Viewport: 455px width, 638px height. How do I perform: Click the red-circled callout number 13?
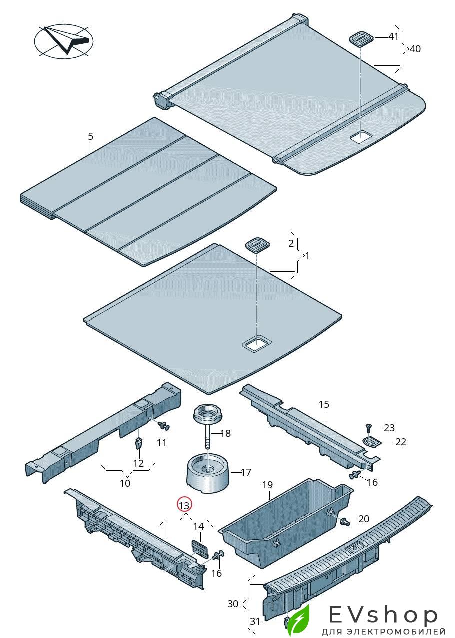[x=184, y=505]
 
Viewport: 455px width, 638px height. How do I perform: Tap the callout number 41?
[x=394, y=37]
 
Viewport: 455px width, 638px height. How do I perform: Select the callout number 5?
[x=90, y=136]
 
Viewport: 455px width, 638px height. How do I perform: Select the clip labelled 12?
[x=139, y=443]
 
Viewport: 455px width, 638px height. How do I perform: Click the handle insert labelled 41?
[x=362, y=39]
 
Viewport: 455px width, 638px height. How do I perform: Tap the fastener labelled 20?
[x=345, y=522]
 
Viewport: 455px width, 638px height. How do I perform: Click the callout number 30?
[x=233, y=604]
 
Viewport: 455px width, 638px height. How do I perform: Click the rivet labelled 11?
[x=163, y=426]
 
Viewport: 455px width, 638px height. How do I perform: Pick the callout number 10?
[x=125, y=483]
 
